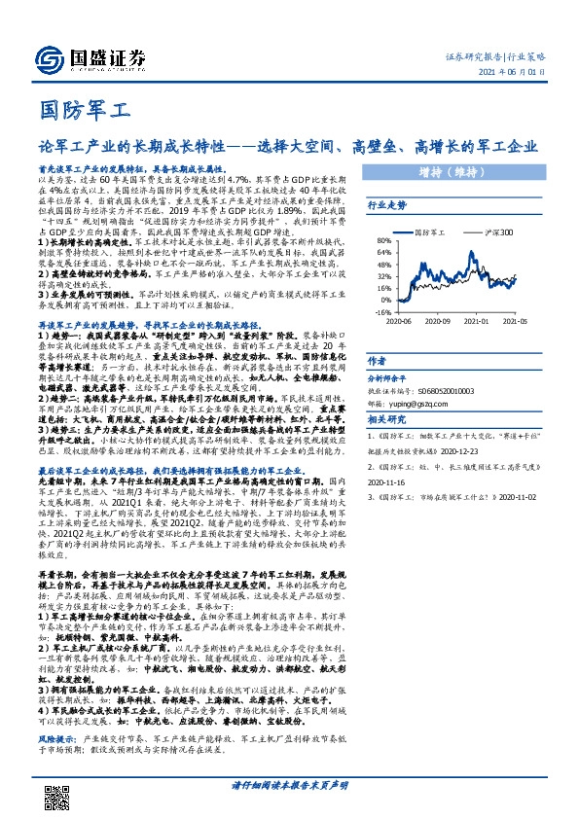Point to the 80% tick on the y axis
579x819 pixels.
384,239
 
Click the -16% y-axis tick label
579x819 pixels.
383,313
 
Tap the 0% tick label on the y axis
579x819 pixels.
386,301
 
